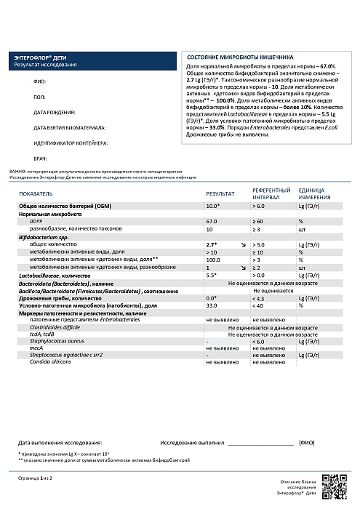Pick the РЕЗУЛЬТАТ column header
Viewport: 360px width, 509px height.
pos(220,196)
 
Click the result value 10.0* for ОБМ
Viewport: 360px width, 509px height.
pos(213,207)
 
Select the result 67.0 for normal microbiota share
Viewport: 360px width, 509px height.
pos(212,221)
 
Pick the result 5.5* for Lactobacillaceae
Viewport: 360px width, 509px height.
pos(212,276)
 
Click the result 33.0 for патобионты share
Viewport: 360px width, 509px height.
pos(212,306)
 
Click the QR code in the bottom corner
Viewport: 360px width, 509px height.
pos(333,483)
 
